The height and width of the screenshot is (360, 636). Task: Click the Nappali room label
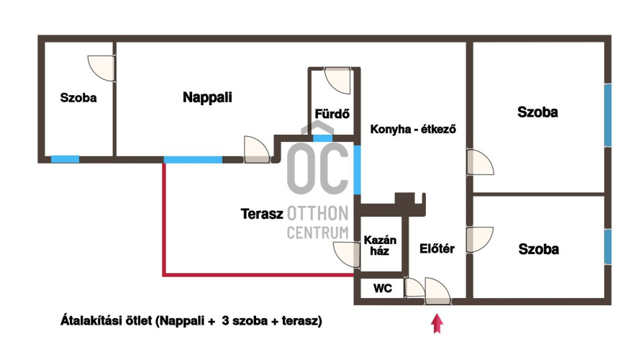point(207,97)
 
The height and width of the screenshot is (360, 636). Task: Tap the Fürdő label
point(332,113)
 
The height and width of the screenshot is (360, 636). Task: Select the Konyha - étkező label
point(414,130)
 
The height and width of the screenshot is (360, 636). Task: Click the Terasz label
point(261,213)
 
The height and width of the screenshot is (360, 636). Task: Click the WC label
point(382,288)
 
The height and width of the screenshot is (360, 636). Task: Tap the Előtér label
point(437,249)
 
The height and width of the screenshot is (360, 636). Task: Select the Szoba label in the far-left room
point(78,98)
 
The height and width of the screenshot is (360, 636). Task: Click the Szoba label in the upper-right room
point(537,112)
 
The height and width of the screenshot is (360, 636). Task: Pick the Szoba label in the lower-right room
point(538,249)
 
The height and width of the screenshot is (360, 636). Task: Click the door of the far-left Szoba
point(101,67)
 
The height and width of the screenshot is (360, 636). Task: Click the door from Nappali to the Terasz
point(255,149)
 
